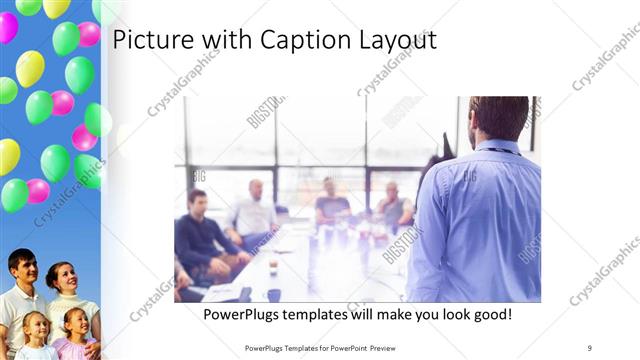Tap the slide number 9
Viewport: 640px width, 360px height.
pyautogui.click(x=590, y=347)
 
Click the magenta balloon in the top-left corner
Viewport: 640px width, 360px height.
pyautogui.click(x=7, y=27)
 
